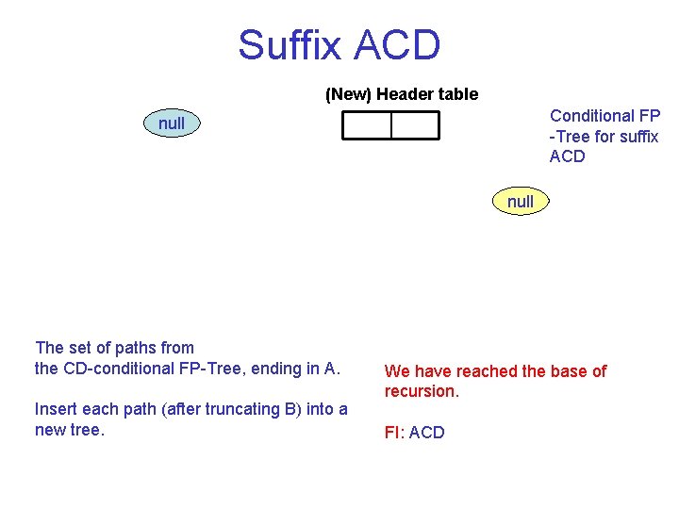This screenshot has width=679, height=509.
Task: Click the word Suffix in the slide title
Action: pos(292,45)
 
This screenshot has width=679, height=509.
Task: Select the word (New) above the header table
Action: pos(348,94)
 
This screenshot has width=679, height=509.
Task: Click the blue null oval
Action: pos(172,123)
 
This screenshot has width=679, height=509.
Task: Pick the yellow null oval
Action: pos(520,201)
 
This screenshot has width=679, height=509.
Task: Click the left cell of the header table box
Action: pos(367,125)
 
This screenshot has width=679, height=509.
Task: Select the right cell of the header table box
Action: pos(415,125)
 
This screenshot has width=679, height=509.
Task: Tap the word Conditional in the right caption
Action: pos(591,116)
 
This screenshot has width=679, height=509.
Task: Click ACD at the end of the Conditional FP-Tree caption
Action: pos(567,156)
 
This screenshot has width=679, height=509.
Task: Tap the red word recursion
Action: pos(421,391)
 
